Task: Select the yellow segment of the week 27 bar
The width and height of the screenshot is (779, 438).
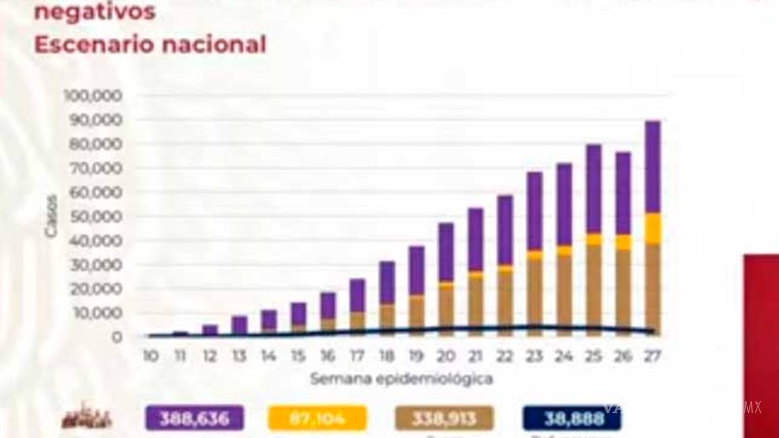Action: (653, 228)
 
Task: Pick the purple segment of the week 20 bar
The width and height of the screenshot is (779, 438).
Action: (446, 251)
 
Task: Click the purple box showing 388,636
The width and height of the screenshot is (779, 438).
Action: (194, 418)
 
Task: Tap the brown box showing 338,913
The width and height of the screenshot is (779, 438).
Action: (444, 418)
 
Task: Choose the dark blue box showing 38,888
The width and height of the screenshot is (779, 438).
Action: (572, 418)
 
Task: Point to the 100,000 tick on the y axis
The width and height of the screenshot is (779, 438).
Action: (93, 95)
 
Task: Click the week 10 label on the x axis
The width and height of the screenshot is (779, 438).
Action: (151, 356)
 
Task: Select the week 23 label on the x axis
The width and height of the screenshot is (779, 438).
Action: (534, 356)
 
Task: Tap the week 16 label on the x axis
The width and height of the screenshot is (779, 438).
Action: (327, 356)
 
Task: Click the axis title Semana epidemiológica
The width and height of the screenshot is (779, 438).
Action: (401, 379)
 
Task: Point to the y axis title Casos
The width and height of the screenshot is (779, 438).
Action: (51, 216)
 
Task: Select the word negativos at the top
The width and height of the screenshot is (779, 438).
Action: (95, 11)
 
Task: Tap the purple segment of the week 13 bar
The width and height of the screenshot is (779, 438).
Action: (239, 325)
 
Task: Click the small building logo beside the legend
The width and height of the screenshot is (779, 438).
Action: (87, 418)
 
